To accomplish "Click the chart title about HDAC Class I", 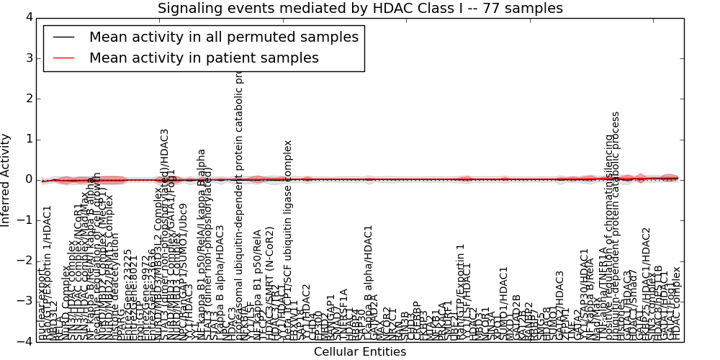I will coord(360,8).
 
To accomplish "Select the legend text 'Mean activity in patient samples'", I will coord(204,58).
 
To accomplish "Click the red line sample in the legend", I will coord(63,58).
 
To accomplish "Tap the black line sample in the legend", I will coord(63,37).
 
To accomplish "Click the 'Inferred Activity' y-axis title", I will coord(6,179).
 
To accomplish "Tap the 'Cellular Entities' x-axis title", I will coord(360,352).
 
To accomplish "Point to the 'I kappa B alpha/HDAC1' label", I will coord(369,282).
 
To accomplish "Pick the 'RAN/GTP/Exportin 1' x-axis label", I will coord(461,292).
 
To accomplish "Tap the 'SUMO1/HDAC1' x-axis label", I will coord(503,302).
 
